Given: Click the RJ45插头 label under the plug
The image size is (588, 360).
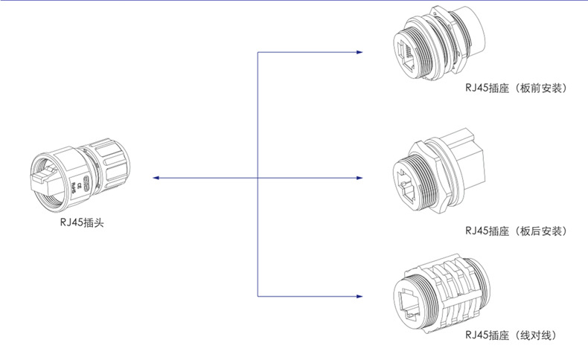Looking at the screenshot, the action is pos(82,222).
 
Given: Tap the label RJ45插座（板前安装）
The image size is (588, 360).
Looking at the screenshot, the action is pos(517,88).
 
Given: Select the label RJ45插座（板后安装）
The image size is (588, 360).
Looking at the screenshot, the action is pos(517,231).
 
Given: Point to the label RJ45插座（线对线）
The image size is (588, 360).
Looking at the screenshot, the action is pos(511,335).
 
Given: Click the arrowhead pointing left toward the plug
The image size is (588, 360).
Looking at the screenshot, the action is pos(156,178).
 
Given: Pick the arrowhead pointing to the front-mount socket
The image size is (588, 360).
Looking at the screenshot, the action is pos(359,52).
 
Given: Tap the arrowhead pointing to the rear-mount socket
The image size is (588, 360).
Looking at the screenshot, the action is pos(359,178).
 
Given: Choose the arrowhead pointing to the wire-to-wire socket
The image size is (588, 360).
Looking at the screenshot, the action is pos(359,296).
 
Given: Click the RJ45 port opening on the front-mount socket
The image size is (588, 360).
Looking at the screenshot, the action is pos(406,56).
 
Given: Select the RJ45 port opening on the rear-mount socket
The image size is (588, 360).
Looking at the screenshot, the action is pos(407,184).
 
